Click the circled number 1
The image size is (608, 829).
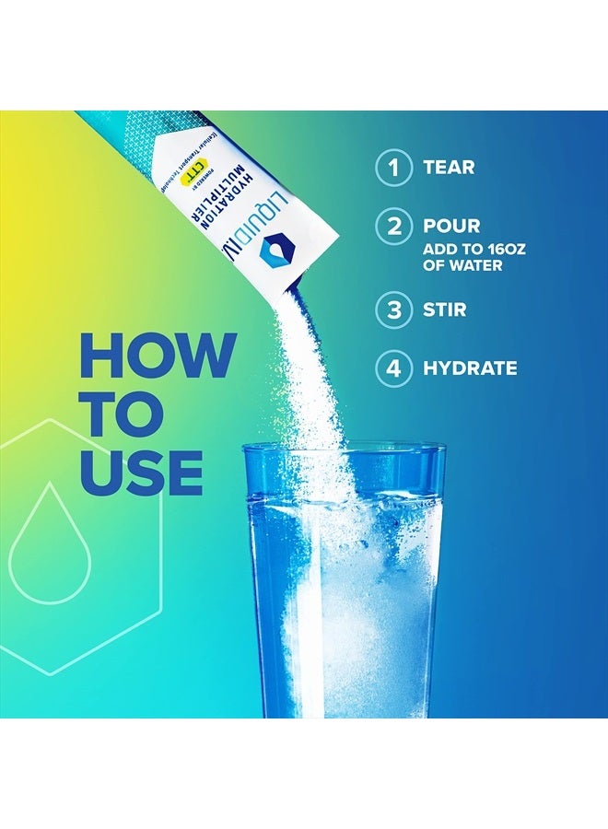click(393, 167)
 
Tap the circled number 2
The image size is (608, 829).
click(393, 226)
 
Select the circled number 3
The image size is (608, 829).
click(393, 309)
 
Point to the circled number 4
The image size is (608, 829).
click(393, 368)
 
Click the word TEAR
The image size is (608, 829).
click(449, 167)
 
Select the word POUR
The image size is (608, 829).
click(451, 226)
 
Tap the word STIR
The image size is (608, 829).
click(445, 309)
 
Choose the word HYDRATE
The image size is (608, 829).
click(470, 368)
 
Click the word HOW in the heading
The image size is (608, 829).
click(158, 354)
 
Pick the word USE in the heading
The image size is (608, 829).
click(142, 472)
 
